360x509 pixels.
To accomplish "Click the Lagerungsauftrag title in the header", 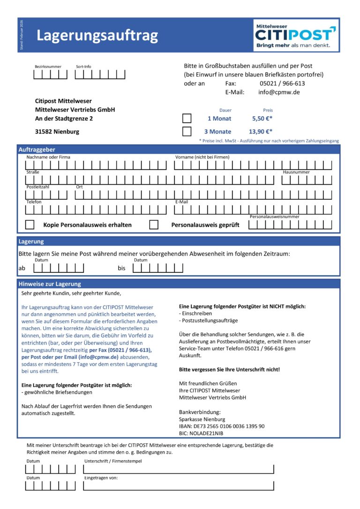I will point(97,36).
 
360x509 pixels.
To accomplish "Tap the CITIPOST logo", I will point(296,35).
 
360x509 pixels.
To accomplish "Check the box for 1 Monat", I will point(187,119).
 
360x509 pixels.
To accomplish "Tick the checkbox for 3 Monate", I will point(187,132).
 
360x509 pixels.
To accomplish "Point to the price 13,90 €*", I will point(260,132).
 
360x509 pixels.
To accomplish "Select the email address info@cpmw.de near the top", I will point(279,92).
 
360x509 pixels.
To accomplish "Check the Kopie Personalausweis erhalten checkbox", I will point(30,225).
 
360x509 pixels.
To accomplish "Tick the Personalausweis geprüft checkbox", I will point(154,225).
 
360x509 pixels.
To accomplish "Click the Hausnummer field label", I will point(296,172).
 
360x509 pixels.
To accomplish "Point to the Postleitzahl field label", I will point(37,187).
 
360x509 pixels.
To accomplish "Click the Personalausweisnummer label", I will point(274,217).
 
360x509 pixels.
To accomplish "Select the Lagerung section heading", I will point(31,241).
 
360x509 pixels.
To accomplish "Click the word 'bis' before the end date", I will point(122,269).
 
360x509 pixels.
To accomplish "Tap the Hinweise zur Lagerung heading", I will point(50,284).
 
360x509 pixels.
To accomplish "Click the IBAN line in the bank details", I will point(221,427).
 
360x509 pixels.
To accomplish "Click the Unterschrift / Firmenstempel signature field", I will point(178,469).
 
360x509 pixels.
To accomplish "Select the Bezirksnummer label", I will point(48,67).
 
